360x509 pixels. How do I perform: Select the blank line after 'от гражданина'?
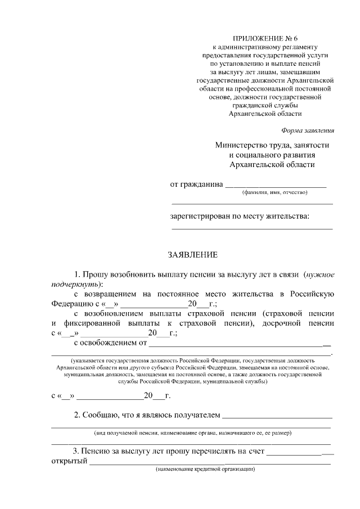pyautogui.click(x=276, y=184)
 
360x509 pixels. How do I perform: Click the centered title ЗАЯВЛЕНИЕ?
pyautogui.click(x=193, y=255)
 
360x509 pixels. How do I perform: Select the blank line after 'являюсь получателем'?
pyautogui.click(x=277, y=417)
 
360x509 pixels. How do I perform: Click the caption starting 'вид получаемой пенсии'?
pyautogui.click(x=192, y=433)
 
